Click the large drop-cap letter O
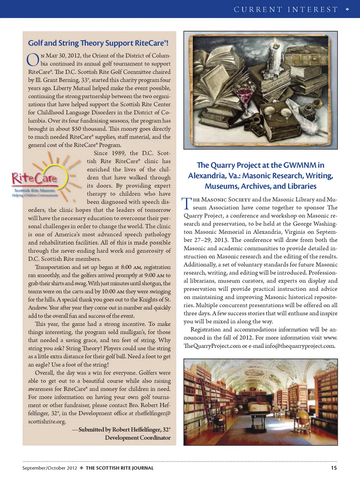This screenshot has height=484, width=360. (33, 59)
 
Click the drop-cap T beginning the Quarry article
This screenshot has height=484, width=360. (187, 203)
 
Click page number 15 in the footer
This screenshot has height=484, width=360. (333, 468)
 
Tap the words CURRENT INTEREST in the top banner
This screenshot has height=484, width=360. (286, 9)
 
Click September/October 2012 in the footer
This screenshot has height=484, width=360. (49, 468)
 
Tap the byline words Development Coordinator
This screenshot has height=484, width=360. (138, 437)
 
